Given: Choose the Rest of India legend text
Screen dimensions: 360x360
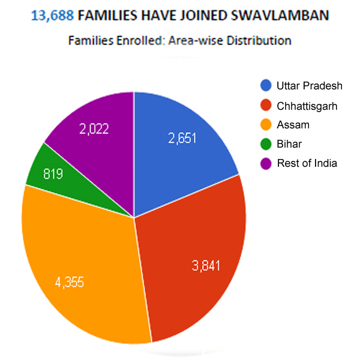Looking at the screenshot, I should pyautogui.click(x=307, y=163).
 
